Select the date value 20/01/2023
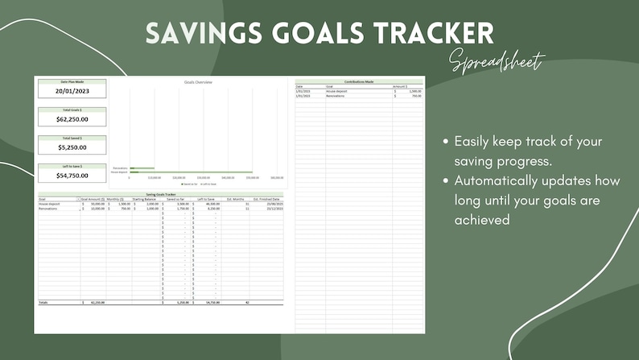click(72, 91)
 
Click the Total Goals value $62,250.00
click(72, 119)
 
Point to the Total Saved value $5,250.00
click(72, 147)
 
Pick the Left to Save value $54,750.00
click(72, 175)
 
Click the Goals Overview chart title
click(198, 82)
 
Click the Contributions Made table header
click(359, 81)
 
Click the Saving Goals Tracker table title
click(160, 194)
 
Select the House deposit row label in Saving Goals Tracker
click(49, 204)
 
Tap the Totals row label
click(43, 302)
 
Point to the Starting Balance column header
click(146, 199)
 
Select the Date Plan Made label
click(72, 81)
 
